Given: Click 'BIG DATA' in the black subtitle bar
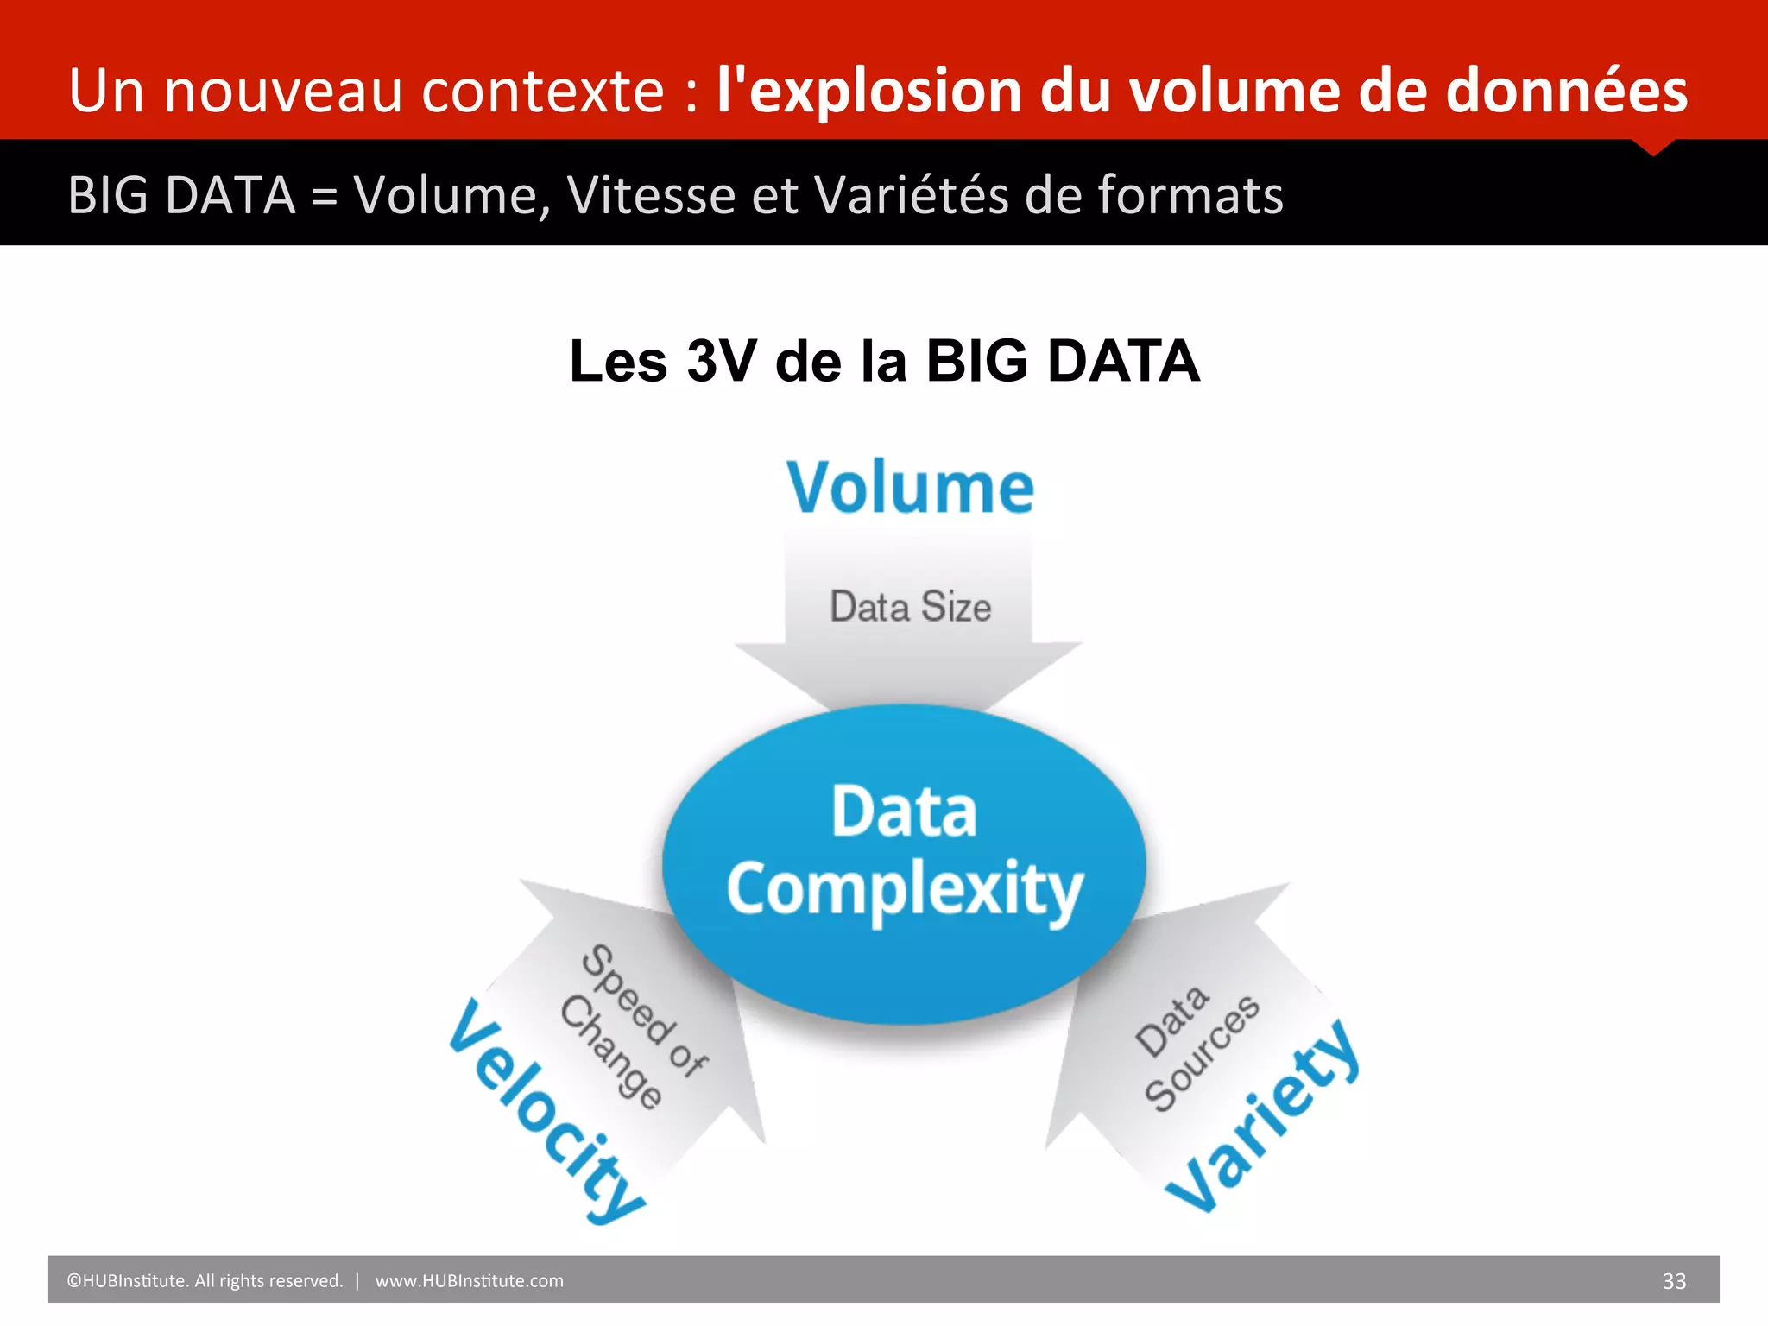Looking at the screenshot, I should point(182,195).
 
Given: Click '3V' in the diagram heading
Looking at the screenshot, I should point(721,361).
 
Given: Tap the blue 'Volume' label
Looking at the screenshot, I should point(910,488).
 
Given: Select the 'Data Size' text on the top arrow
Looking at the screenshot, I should point(910,606).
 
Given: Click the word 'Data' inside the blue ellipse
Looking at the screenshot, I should point(904,811).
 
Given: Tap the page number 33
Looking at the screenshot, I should point(1674,1281).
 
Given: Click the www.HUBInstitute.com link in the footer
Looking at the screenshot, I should point(469,1281).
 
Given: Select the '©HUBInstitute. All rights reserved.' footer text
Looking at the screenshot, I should point(205,1281).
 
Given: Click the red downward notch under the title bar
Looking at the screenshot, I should point(1653,147).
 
